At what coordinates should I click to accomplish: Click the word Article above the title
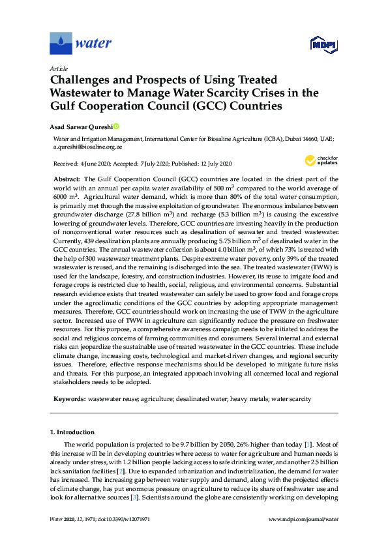pyautogui.click(x=59, y=68)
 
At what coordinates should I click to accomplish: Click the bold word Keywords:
pyautogui.click(x=68, y=398)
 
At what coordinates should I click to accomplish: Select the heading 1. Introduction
pyautogui.click(x=72, y=432)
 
